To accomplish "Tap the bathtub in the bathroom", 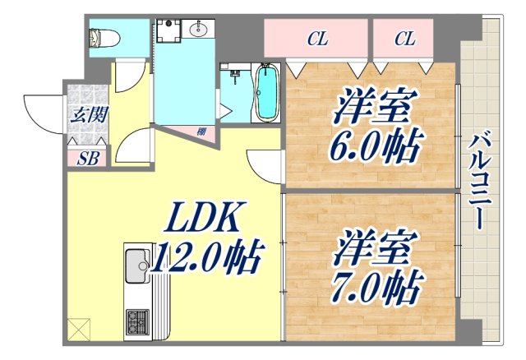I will pyautogui.click(x=267, y=92).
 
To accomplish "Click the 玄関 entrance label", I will pyautogui.click(x=87, y=115).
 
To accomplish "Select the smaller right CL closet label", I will pyautogui.click(x=404, y=38).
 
